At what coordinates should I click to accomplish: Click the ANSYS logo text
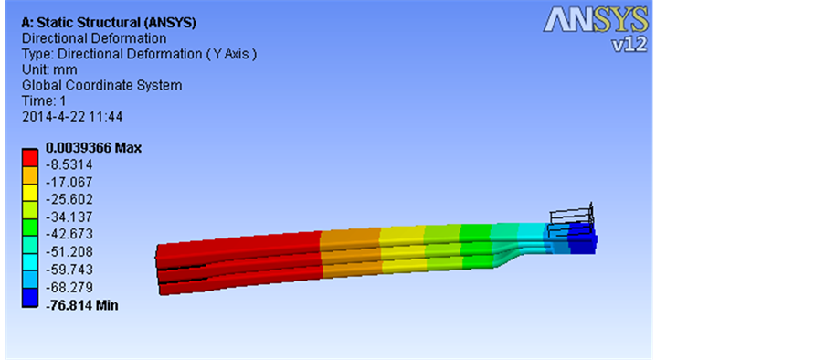[x=595, y=20]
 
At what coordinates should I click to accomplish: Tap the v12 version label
[x=629, y=45]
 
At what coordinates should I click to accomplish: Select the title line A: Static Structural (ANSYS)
[x=109, y=23]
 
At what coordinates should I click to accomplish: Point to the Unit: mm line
[x=49, y=69]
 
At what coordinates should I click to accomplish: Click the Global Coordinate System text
[x=102, y=85]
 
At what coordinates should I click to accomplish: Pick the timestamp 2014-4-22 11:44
[x=72, y=116]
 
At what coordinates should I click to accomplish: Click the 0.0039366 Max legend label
[x=94, y=148]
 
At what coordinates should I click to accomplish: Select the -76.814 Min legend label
[x=81, y=305]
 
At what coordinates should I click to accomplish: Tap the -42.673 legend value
[x=69, y=234]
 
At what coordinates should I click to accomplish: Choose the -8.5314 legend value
[x=69, y=165]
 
